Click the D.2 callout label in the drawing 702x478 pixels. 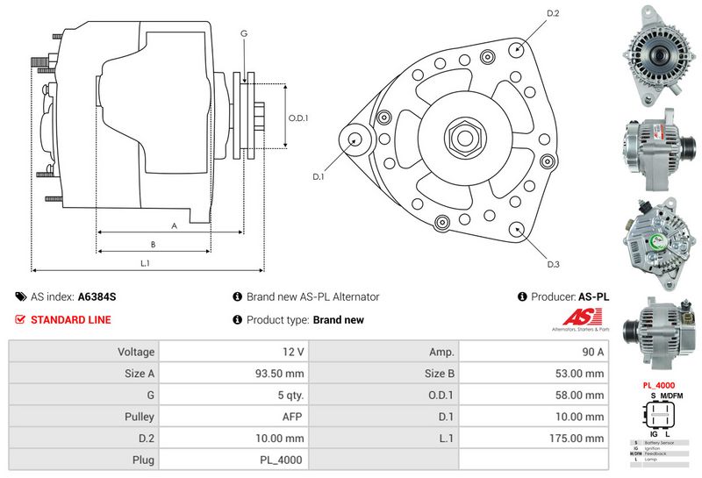point(553,14)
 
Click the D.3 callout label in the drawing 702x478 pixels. point(554,264)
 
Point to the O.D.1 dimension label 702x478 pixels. point(298,118)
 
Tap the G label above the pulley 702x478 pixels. point(244,33)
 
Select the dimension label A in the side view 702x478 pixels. point(174,225)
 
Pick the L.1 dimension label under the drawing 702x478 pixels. point(146,263)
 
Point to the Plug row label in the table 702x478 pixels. point(142,460)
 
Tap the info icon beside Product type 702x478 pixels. point(237,320)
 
